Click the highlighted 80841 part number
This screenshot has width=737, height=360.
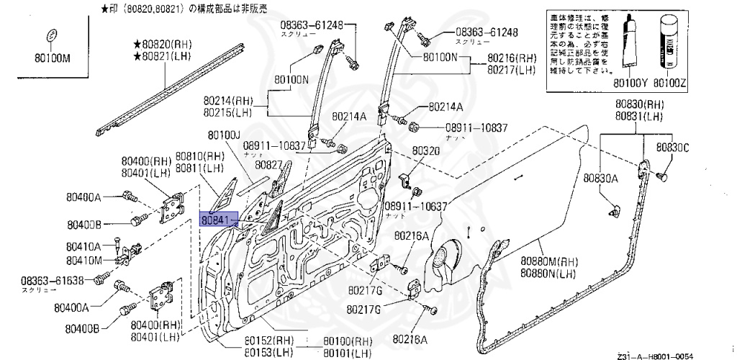216,219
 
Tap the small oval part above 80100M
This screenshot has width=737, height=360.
52,37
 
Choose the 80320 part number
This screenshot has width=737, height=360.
425,151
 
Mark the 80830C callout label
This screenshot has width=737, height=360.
672,148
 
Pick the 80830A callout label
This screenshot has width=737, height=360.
601,178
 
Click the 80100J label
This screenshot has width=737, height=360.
225,135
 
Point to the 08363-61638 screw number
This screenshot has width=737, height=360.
53,280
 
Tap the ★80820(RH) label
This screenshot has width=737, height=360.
163,44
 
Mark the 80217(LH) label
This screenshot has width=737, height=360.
512,70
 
